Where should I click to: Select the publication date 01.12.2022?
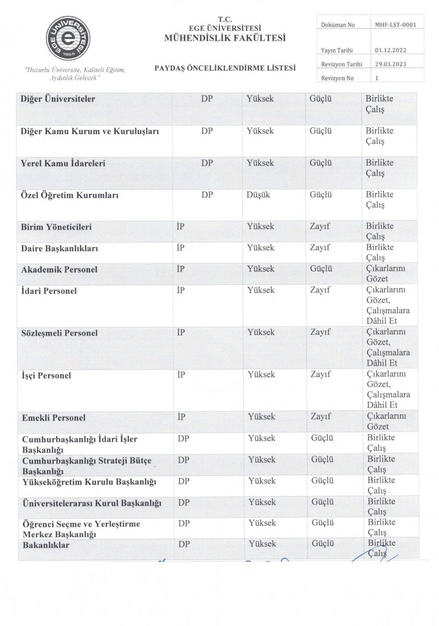390,50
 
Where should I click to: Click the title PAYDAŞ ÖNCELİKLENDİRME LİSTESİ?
225,67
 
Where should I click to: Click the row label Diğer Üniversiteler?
58,99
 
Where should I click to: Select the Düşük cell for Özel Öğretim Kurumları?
258,195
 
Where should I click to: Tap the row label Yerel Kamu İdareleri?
63,163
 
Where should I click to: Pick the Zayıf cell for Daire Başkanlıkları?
320,248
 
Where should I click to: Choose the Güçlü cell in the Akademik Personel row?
321,269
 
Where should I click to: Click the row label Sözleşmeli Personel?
59,333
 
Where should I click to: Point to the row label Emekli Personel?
54,418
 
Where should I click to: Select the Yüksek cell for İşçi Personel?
261,375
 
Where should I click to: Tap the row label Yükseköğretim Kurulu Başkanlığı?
89,481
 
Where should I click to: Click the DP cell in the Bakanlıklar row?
183,544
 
